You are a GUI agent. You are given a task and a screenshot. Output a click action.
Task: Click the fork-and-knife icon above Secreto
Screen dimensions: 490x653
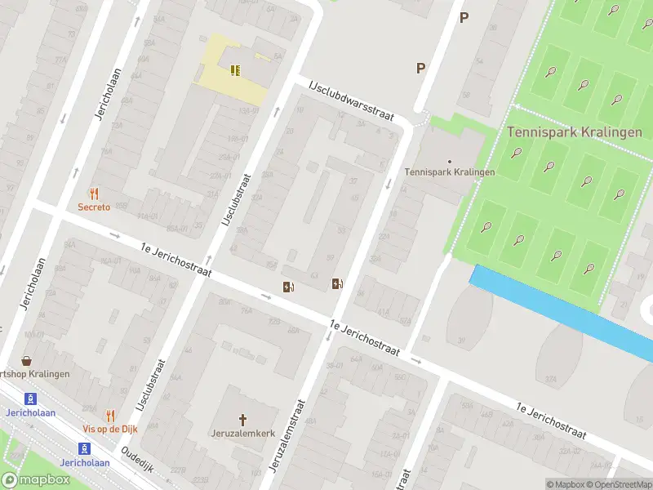click(94, 194)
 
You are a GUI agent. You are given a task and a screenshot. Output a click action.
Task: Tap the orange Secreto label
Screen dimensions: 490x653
click(94, 207)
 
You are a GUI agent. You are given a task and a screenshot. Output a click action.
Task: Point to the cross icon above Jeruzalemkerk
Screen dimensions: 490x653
click(242, 418)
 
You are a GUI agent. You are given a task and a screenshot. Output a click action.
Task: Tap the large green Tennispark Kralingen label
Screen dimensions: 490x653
click(574, 131)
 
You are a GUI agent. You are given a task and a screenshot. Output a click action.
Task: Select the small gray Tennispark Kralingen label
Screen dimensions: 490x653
click(450, 172)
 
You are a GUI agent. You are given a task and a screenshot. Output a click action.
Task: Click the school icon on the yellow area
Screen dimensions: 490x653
click(235, 70)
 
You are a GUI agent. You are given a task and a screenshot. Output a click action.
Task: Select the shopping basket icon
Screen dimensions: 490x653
click(27, 360)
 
